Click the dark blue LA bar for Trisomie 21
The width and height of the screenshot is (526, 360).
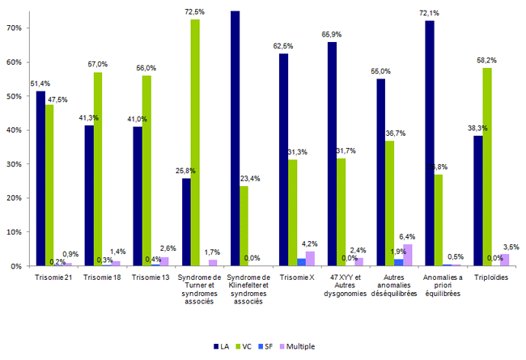[x=40, y=178]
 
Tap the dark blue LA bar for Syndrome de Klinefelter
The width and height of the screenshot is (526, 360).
[x=235, y=138]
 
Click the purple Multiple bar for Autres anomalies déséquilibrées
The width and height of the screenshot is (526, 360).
[x=407, y=255]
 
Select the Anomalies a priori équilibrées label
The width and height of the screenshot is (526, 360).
[x=442, y=286]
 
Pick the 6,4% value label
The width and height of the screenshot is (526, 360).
[x=408, y=237]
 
